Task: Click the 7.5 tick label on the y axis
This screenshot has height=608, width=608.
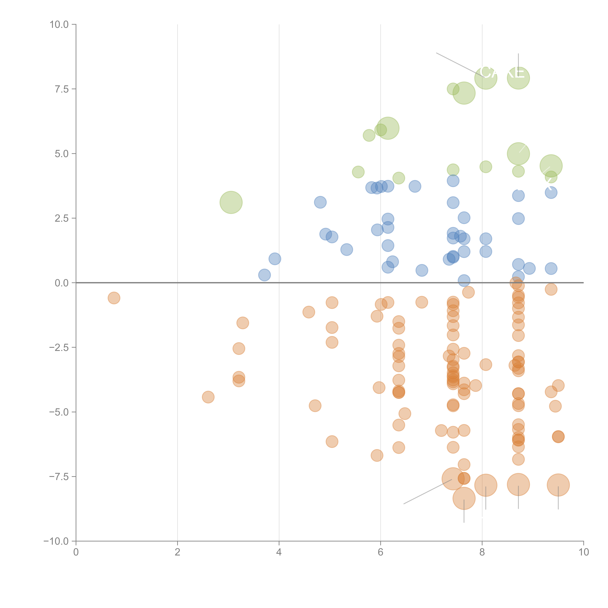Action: click(62, 89)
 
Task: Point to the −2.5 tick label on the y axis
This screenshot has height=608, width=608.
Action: click(59, 347)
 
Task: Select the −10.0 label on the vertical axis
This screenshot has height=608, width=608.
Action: click(56, 541)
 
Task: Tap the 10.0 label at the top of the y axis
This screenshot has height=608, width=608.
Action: click(59, 25)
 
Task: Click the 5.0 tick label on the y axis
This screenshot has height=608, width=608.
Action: click(62, 154)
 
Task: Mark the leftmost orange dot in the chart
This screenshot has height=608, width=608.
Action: click(114, 298)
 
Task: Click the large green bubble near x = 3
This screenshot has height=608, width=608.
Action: click(231, 202)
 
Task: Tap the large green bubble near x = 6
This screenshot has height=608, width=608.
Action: click(388, 128)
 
